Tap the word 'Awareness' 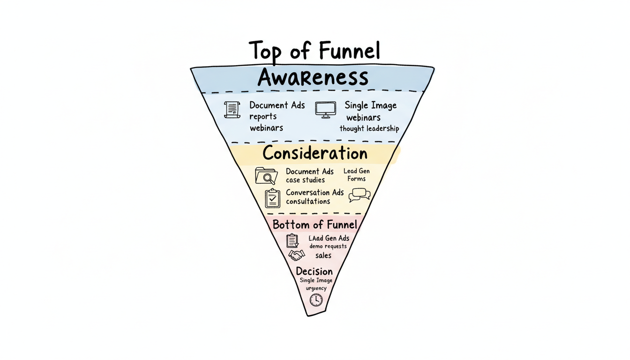[313, 77]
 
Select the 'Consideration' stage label [315, 153]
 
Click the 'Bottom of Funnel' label [315, 225]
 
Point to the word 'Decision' [315, 271]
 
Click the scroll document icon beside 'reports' [232, 109]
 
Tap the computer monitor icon [325, 110]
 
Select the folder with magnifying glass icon [266, 176]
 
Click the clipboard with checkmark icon [272, 198]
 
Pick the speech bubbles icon [359, 195]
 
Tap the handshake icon [296, 255]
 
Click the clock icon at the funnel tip [316, 300]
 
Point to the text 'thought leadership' [369, 128]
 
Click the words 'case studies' [305, 180]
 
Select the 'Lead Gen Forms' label [357, 175]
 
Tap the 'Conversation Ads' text [315, 192]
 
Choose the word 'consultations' [308, 202]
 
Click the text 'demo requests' [328, 247]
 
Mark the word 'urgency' [316, 288]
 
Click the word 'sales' [323, 255]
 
